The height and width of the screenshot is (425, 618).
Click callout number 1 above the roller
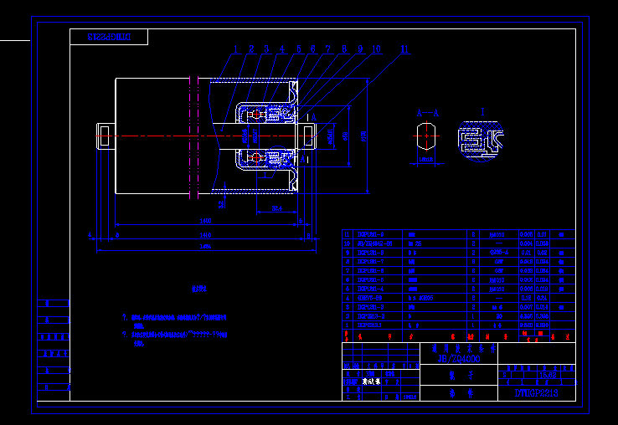point(237,49)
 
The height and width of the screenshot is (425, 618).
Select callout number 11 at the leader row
point(405,49)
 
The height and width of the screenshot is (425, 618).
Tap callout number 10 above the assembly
point(375,49)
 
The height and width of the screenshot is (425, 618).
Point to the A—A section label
point(427,111)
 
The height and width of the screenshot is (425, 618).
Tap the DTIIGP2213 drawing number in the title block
point(535,392)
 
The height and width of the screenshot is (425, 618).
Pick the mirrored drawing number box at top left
point(109,37)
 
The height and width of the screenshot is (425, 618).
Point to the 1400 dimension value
point(205,222)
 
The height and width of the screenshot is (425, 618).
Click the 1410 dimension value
point(205,236)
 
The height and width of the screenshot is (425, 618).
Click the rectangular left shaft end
point(106,136)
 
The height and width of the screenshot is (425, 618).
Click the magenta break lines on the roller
point(193,138)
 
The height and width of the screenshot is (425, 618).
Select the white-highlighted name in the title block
point(370,381)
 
